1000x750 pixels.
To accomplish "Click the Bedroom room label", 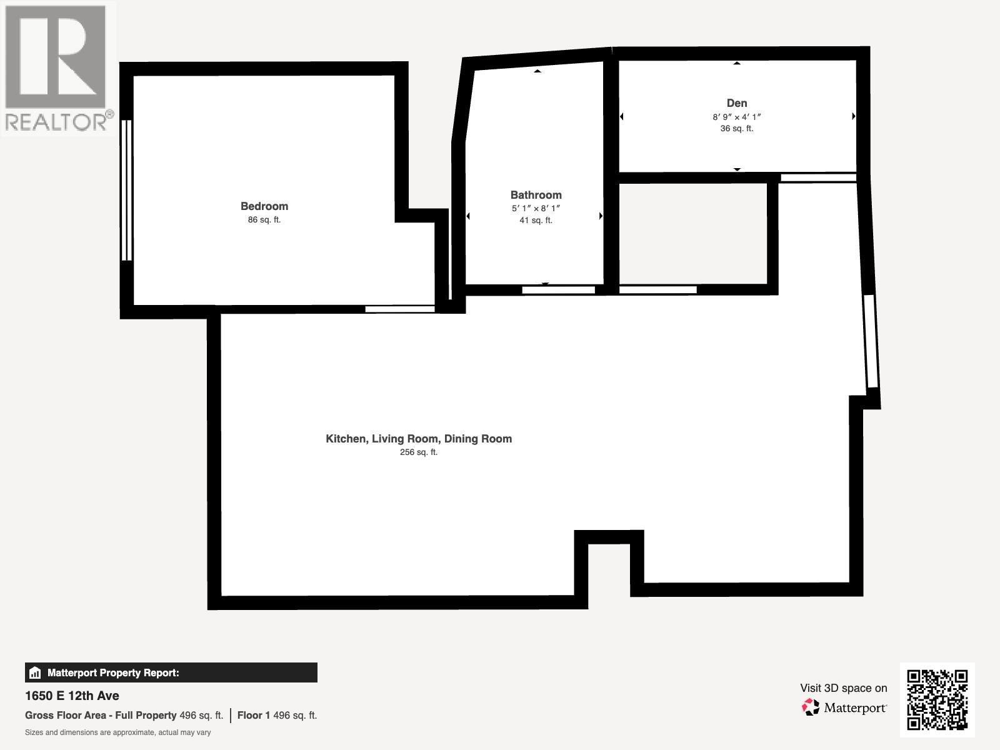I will [x=264, y=206].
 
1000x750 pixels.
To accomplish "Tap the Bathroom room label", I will [x=536, y=195].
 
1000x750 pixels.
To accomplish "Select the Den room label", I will [x=737, y=103].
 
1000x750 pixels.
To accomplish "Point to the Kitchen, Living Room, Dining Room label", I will [x=419, y=439].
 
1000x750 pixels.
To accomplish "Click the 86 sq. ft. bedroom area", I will [x=264, y=220].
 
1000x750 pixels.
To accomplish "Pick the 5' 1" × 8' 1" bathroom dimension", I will [x=536, y=208].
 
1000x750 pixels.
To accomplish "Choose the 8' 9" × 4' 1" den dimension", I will [x=737, y=117].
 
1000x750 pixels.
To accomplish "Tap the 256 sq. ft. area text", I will [x=419, y=452].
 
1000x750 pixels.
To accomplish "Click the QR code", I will [x=937, y=700].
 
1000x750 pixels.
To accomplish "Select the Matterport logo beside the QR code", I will [x=844, y=707].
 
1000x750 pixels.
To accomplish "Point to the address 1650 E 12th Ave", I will [x=72, y=696].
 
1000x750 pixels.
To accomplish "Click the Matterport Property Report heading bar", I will [x=171, y=673].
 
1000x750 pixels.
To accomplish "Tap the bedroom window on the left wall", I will [x=126, y=190].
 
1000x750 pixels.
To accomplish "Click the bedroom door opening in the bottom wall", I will [x=399, y=309].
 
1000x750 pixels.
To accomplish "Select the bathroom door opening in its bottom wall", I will [x=558, y=290].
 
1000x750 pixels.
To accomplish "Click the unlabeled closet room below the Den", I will [x=692, y=234].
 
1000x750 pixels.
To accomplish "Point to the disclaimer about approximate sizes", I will [x=117, y=732].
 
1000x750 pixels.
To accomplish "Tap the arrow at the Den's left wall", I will [x=622, y=116].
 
